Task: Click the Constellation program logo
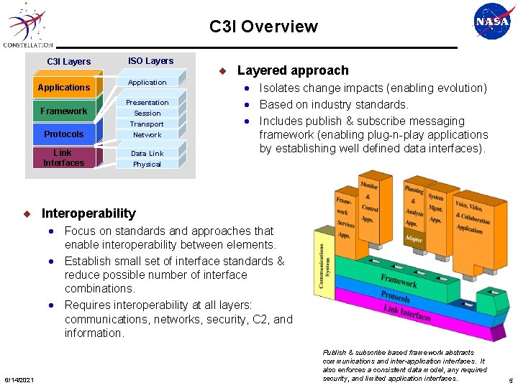27,26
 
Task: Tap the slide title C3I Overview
263,27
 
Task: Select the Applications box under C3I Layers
64,88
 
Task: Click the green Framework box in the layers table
64,111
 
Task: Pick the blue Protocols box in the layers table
64,134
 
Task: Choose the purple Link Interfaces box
64,158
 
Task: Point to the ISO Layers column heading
150,61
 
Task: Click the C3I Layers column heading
69,62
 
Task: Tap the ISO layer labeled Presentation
147,103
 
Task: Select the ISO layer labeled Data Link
147,154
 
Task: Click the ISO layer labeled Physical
147,165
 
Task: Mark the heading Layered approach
293,70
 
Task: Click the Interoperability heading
88,213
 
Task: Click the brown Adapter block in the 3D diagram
414,238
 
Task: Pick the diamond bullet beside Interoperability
27,213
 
